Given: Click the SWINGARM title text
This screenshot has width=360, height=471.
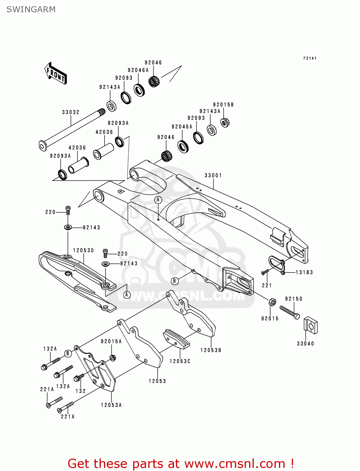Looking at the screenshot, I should (x=31, y=9).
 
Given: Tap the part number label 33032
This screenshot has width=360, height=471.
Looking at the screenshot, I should (x=71, y=112).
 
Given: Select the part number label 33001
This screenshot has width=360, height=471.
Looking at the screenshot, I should (x=213, y=175).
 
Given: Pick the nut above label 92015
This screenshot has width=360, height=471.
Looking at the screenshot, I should (x=272, y=302).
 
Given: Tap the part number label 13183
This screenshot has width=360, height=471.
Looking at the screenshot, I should (x=304, y=272).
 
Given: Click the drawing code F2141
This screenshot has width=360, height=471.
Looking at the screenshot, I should (x=310, y=58).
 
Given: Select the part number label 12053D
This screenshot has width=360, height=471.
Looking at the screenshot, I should (x=84, y=250).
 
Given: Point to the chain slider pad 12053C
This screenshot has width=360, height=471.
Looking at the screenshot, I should (x=176, y=339).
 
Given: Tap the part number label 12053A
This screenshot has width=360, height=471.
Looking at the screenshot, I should (x=111, y=405).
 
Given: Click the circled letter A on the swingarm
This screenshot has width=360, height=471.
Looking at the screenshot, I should (x=158, y=200).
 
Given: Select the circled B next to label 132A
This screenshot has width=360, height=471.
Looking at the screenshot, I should (x=68, y=353).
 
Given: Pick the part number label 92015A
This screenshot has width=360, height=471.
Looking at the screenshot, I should (x=111, y=341).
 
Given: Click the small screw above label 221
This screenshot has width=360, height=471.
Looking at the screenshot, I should (x=265, y=272).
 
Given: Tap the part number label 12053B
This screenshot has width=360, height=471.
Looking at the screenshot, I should (x=211, y=350).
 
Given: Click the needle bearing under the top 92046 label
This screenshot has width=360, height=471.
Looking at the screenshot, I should (x=154, y=81).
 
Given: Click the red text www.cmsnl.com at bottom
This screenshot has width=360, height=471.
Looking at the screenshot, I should (x=234, y=464).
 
